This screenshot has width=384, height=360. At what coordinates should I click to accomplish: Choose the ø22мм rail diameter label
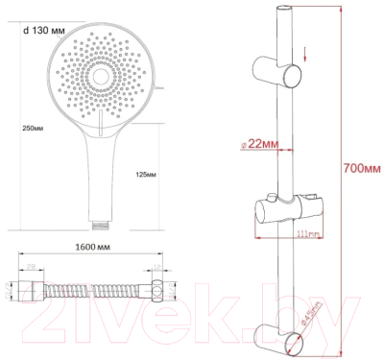click(256, 144)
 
